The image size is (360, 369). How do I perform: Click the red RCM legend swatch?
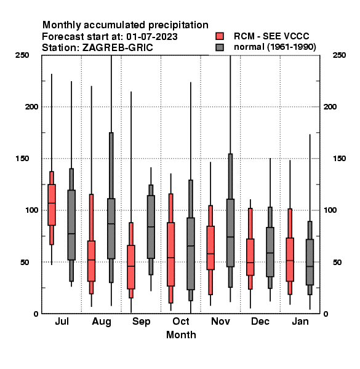tap(220, 36)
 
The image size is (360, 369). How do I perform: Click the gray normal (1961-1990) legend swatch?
tap(220, 47)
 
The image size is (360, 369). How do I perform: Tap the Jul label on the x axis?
tap(62, 321)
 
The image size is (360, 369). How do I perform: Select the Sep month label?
tap(142, 322)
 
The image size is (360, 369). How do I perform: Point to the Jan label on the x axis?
tap(300, 321)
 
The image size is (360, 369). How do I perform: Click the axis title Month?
tap(181, 335)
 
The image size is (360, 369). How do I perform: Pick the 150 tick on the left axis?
tap(22, 159)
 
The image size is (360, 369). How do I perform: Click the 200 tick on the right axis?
tap(330, 106)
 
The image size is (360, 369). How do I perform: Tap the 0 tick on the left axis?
tap(36, 314)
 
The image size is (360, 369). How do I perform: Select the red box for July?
tap(52, 205)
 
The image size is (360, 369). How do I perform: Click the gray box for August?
tap(111, 229)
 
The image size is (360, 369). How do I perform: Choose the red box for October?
tap(171, 254)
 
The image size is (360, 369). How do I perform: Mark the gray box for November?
tap(231, 233)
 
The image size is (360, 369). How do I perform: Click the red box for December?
tap(250, 257)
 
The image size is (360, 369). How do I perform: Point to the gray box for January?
tap(310, 262)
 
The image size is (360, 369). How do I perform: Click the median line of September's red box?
tap(131, 266)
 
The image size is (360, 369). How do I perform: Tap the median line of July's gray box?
tap(71, 234)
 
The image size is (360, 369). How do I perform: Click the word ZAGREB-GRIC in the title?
tap(118, 47)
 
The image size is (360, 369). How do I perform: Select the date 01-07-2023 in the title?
tap(152, 37)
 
